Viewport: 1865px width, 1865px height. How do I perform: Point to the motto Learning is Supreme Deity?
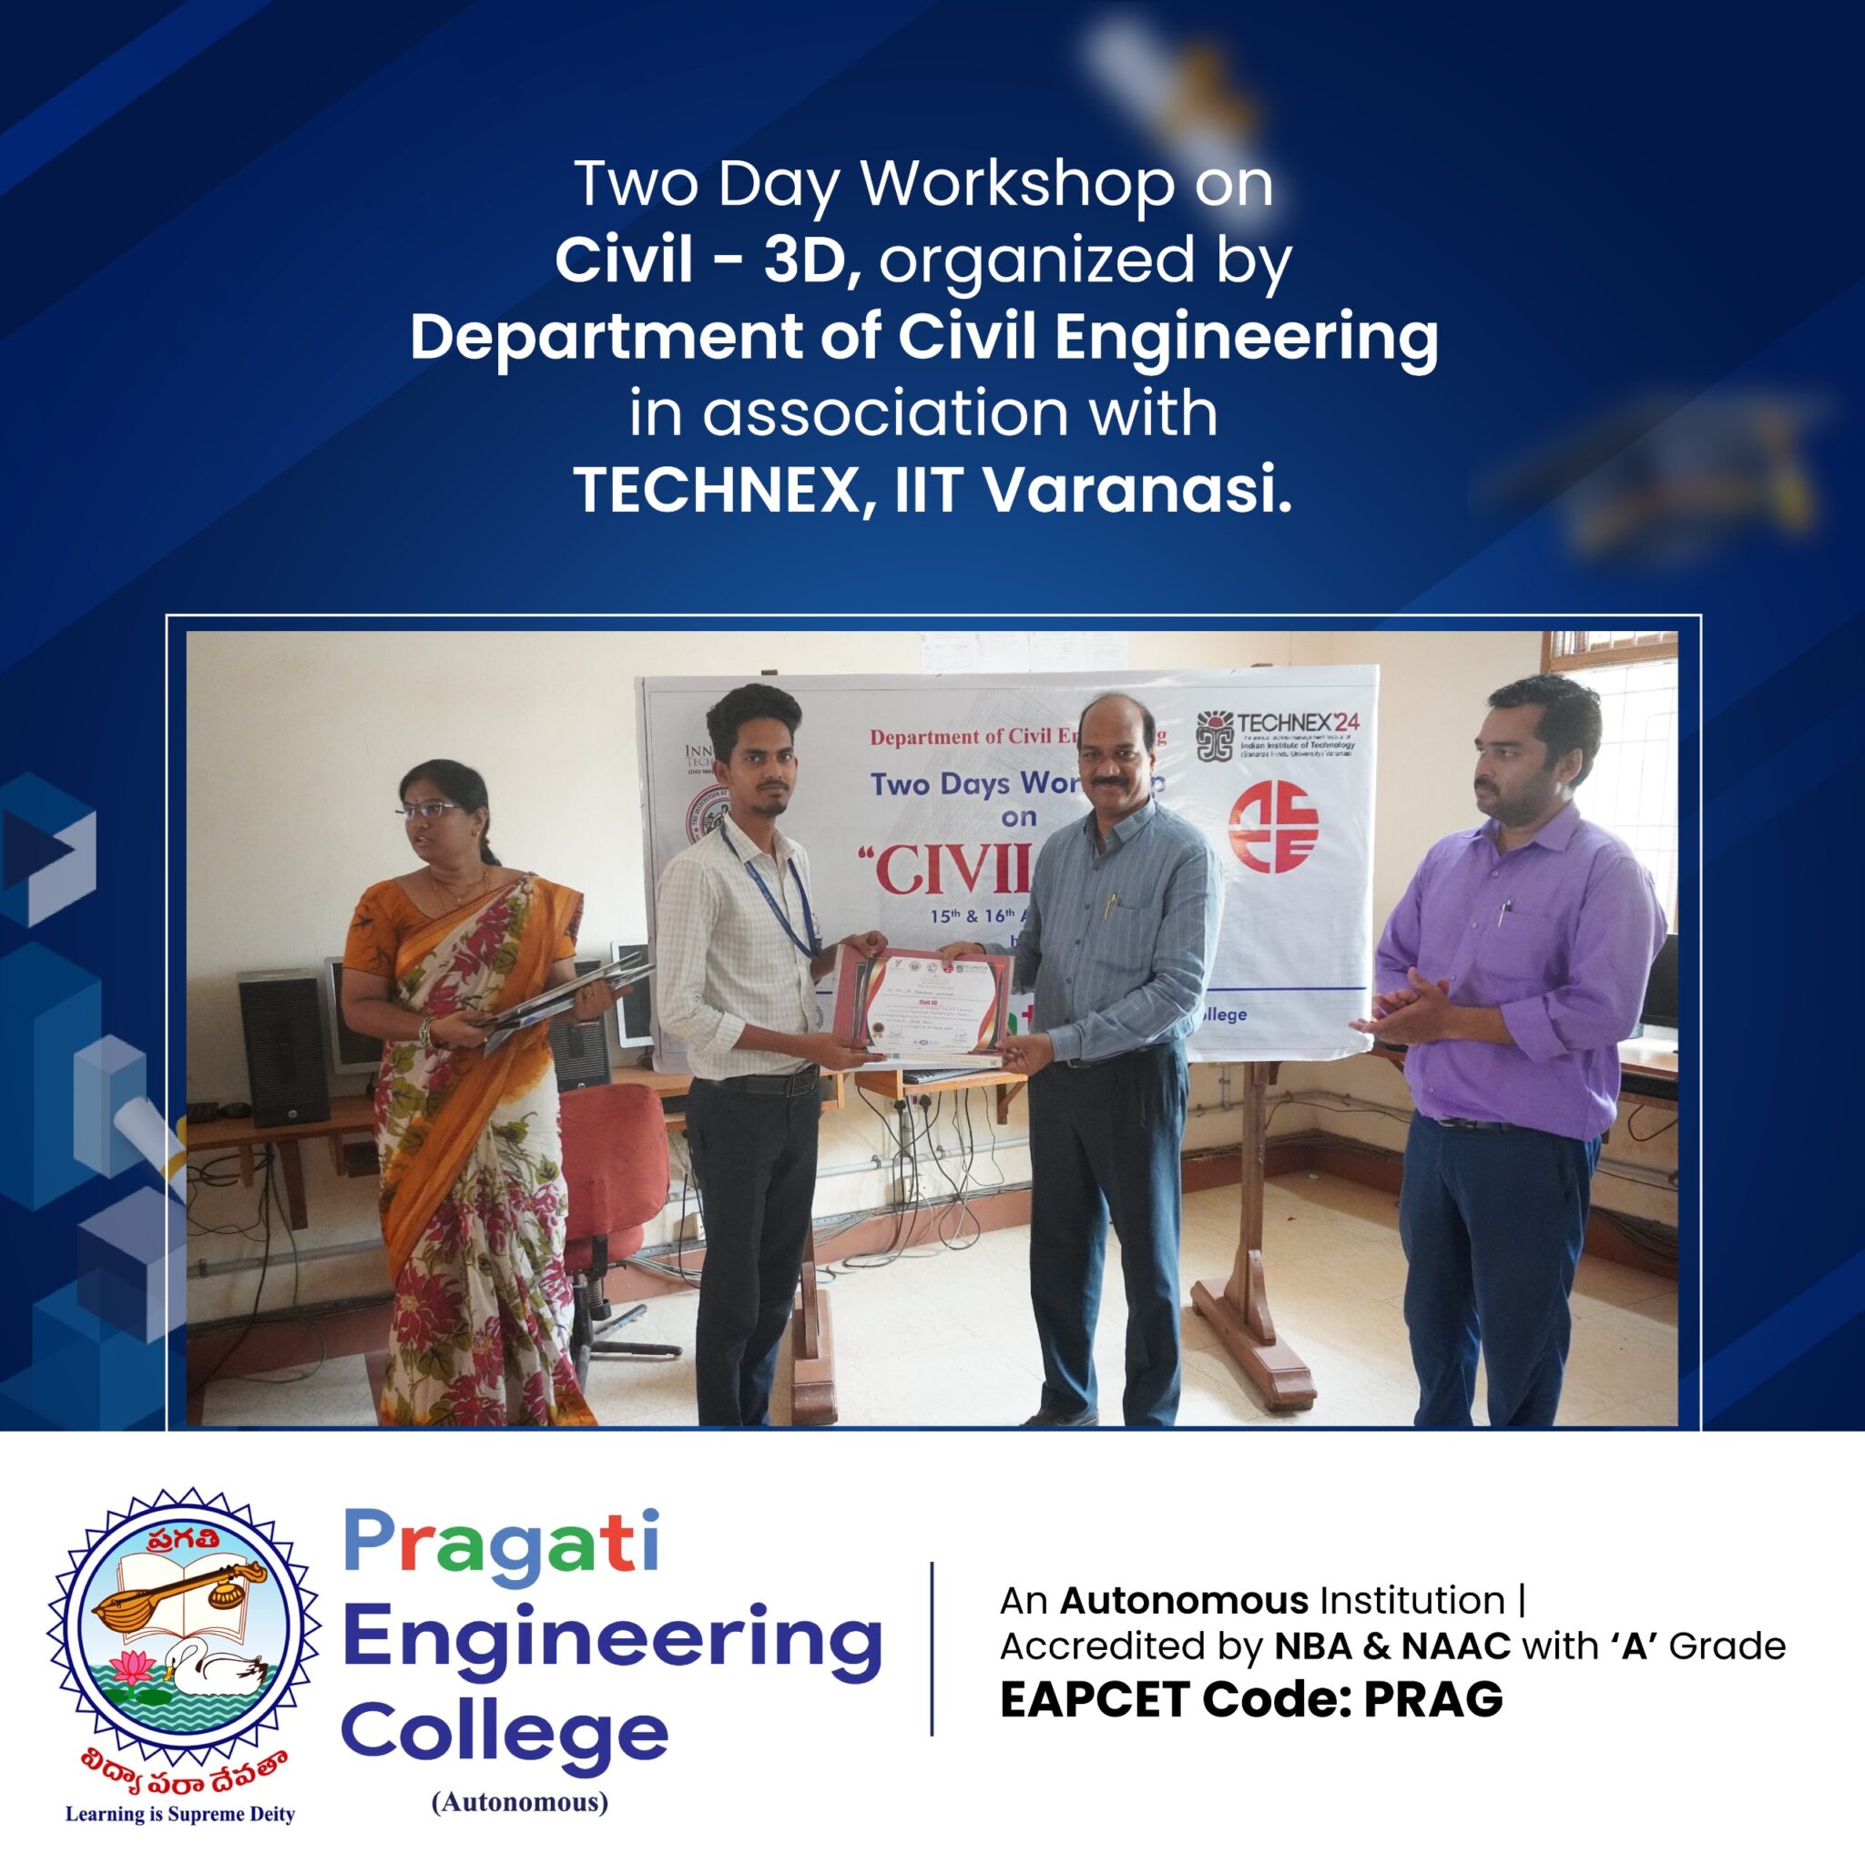click(x=179, y=1814)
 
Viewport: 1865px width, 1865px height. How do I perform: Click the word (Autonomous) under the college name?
click(x=520, y=1801)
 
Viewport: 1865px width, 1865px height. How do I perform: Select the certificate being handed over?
click(x=922, y=1003)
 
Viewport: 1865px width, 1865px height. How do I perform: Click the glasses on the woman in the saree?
click(x=429, y=810)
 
